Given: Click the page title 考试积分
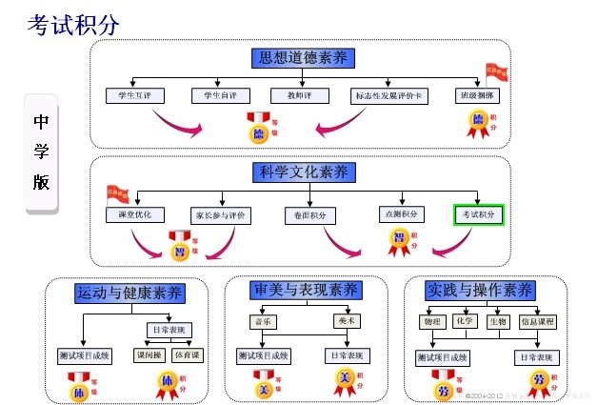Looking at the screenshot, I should [x=73, y=23].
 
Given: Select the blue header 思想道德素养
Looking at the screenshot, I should [x=304, y=58].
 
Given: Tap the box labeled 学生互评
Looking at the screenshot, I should [x=136, y=95].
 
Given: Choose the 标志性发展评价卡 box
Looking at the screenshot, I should [x=390, y=95].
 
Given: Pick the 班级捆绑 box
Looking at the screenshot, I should [x=479, y=95].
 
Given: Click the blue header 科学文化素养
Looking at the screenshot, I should [x=304, y=172].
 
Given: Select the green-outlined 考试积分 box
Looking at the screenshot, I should [x=478, y=214].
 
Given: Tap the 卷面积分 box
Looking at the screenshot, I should [x=309, y=215].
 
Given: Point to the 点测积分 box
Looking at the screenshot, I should [x=400, y=214].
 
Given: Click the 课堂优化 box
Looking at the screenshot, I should [x=136, y=214].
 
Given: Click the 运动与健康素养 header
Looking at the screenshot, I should [x=129, y=293].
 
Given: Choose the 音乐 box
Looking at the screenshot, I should [x=260, y=321].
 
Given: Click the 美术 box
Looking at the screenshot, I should [x=346, y=321].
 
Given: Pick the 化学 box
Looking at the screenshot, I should [x=465, y=321].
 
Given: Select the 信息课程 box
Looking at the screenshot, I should [x=537, y=322].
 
